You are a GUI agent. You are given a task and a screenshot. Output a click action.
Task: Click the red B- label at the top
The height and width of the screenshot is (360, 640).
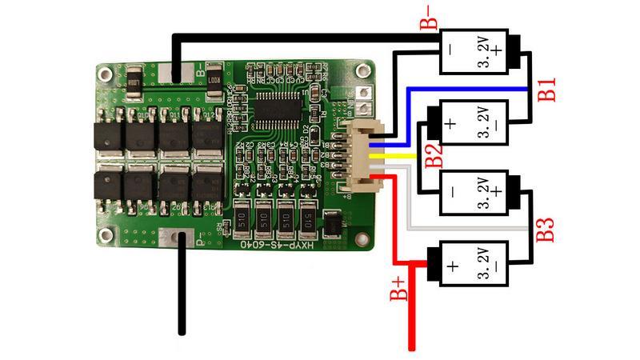click(429, 16)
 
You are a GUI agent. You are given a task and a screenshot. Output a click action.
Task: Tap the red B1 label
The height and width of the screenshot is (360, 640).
click(546, 89)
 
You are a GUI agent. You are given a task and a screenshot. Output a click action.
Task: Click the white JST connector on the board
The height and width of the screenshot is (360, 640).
click(361, 157)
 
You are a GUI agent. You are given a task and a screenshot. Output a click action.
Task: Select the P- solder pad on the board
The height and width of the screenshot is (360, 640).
click(176, 239)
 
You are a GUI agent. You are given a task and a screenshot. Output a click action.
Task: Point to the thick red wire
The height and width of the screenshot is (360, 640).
click(411, 312)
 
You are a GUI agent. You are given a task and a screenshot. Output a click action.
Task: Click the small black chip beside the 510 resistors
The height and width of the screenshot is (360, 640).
click(331, 224)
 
